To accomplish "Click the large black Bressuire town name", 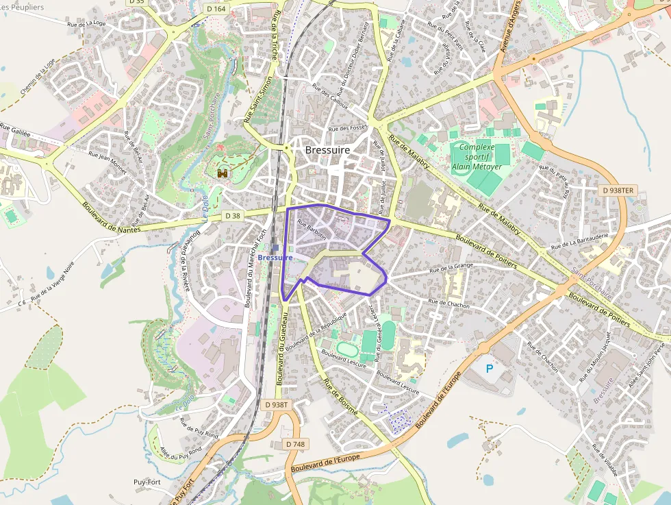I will click(327, 150).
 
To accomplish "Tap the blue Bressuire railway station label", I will click(275, 257).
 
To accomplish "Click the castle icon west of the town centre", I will click(223, 173).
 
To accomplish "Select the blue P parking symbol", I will click(490, 369).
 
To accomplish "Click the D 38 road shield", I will click(233, 216).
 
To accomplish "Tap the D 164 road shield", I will click(216, 9).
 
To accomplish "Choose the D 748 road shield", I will click(294, 444).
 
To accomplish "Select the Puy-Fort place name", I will click(147, 482).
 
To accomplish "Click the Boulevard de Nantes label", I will click(111, 217).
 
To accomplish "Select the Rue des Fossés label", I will click(348, 128).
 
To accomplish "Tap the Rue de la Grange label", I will click(451, 266).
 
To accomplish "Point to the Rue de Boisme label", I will click(340, 397).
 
